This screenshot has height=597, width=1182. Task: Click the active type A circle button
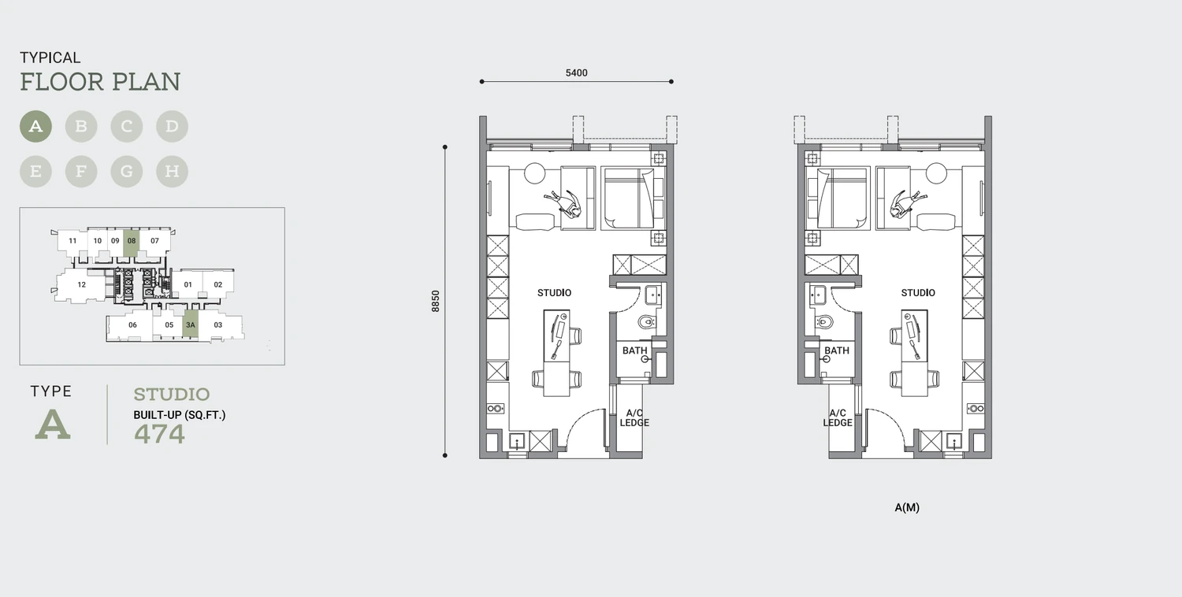click(36, 126)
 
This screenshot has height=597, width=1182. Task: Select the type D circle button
click(172, 126)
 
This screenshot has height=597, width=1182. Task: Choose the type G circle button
click(127, 172)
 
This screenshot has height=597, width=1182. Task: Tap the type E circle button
click(36, 172)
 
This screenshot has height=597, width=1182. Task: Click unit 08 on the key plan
click(132, 243)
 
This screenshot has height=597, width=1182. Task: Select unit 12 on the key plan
click(80, 285)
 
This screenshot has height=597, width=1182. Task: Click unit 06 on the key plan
click(132, 325)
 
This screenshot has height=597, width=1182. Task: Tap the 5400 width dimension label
click(576, 72)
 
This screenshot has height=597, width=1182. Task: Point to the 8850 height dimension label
click(435, 301)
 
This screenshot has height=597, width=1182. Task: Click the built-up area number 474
click(159, 434)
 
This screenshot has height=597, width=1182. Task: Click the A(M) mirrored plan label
click(907, 507)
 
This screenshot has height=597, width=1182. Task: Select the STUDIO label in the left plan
click(554, 293)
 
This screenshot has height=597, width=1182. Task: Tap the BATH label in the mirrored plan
click(837, 350)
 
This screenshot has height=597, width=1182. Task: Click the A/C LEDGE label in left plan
click(634, 417)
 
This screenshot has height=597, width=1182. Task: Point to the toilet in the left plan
click(647, 321)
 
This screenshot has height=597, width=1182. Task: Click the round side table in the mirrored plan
click(936, 173)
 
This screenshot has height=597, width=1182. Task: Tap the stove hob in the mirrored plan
click(976, 408)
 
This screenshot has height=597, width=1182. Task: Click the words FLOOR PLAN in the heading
click(100, 82)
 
